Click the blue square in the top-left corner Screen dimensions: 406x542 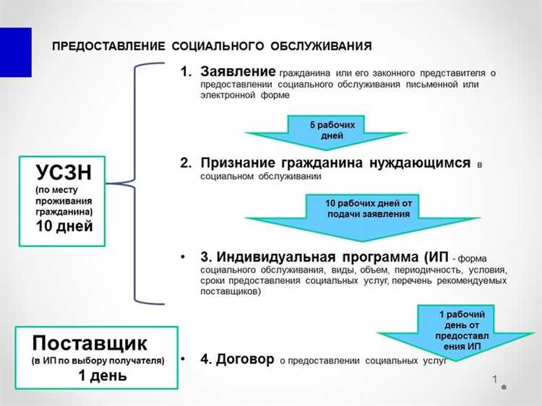[15, 52]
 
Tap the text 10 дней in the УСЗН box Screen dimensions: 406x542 [64, 225]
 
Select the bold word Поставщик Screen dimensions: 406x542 [90, 342]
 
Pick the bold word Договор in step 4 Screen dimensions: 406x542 [244, 359]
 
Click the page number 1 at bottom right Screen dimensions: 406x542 [495, 379]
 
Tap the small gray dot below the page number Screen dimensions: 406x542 [504, 387]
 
